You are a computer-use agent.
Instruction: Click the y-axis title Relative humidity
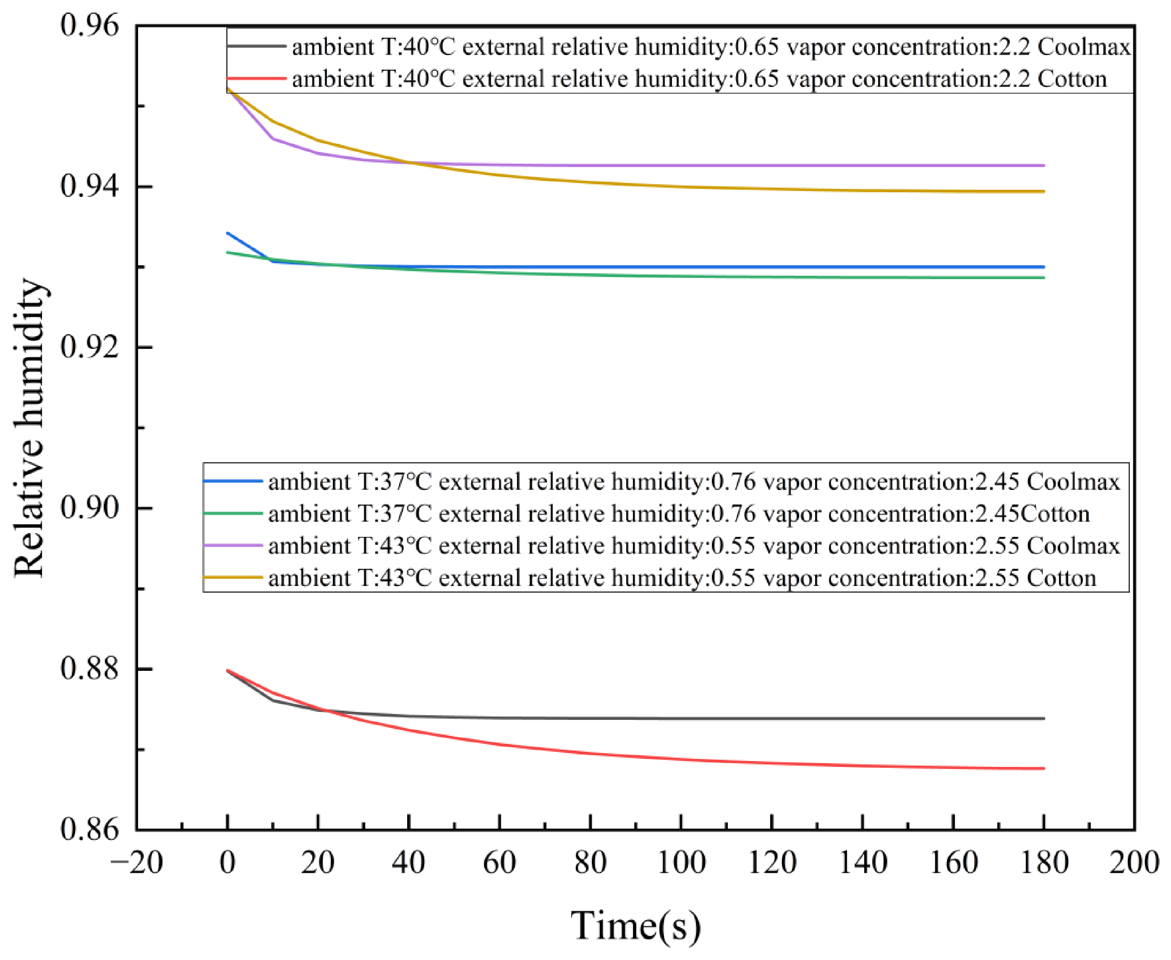tap(29, 428)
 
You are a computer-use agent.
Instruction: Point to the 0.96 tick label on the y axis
tap(89, 26)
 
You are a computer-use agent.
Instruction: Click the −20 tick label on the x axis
tap(136, 863)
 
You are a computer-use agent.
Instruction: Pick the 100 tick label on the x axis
tap(681, 863)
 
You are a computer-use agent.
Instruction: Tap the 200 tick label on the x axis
tap(1134, 863)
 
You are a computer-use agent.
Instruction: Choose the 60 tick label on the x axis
tap(500, 863)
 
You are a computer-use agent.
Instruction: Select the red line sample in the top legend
tap(256, 78)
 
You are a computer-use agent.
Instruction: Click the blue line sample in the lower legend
tap(233, 481)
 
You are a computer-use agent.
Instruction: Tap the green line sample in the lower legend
tap(233, 514)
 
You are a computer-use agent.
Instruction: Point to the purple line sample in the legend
tap(233, 546)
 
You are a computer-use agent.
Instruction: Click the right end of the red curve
tap(1044, 769)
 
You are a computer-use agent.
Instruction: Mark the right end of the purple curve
tap(1044, 165)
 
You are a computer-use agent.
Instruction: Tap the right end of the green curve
tap(1044, 277)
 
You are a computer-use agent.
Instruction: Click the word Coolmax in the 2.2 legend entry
tap(1084, 47)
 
